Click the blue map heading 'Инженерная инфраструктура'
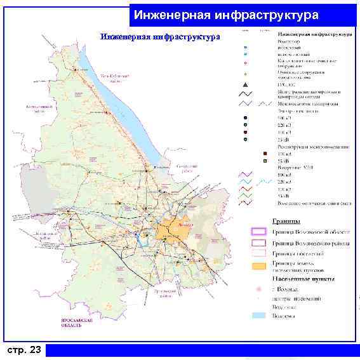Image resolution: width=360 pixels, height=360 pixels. click(x=160, y=37)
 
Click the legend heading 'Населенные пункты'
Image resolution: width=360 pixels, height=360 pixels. click(x=304, y=278)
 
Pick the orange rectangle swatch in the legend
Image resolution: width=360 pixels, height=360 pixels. click(x=258, y=266)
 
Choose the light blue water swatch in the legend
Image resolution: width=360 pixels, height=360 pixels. click(x=258, y=314)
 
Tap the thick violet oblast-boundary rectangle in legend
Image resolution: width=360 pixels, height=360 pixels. click(x=258, y=231)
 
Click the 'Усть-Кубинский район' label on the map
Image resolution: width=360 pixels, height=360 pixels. click(x=115, y=77)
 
